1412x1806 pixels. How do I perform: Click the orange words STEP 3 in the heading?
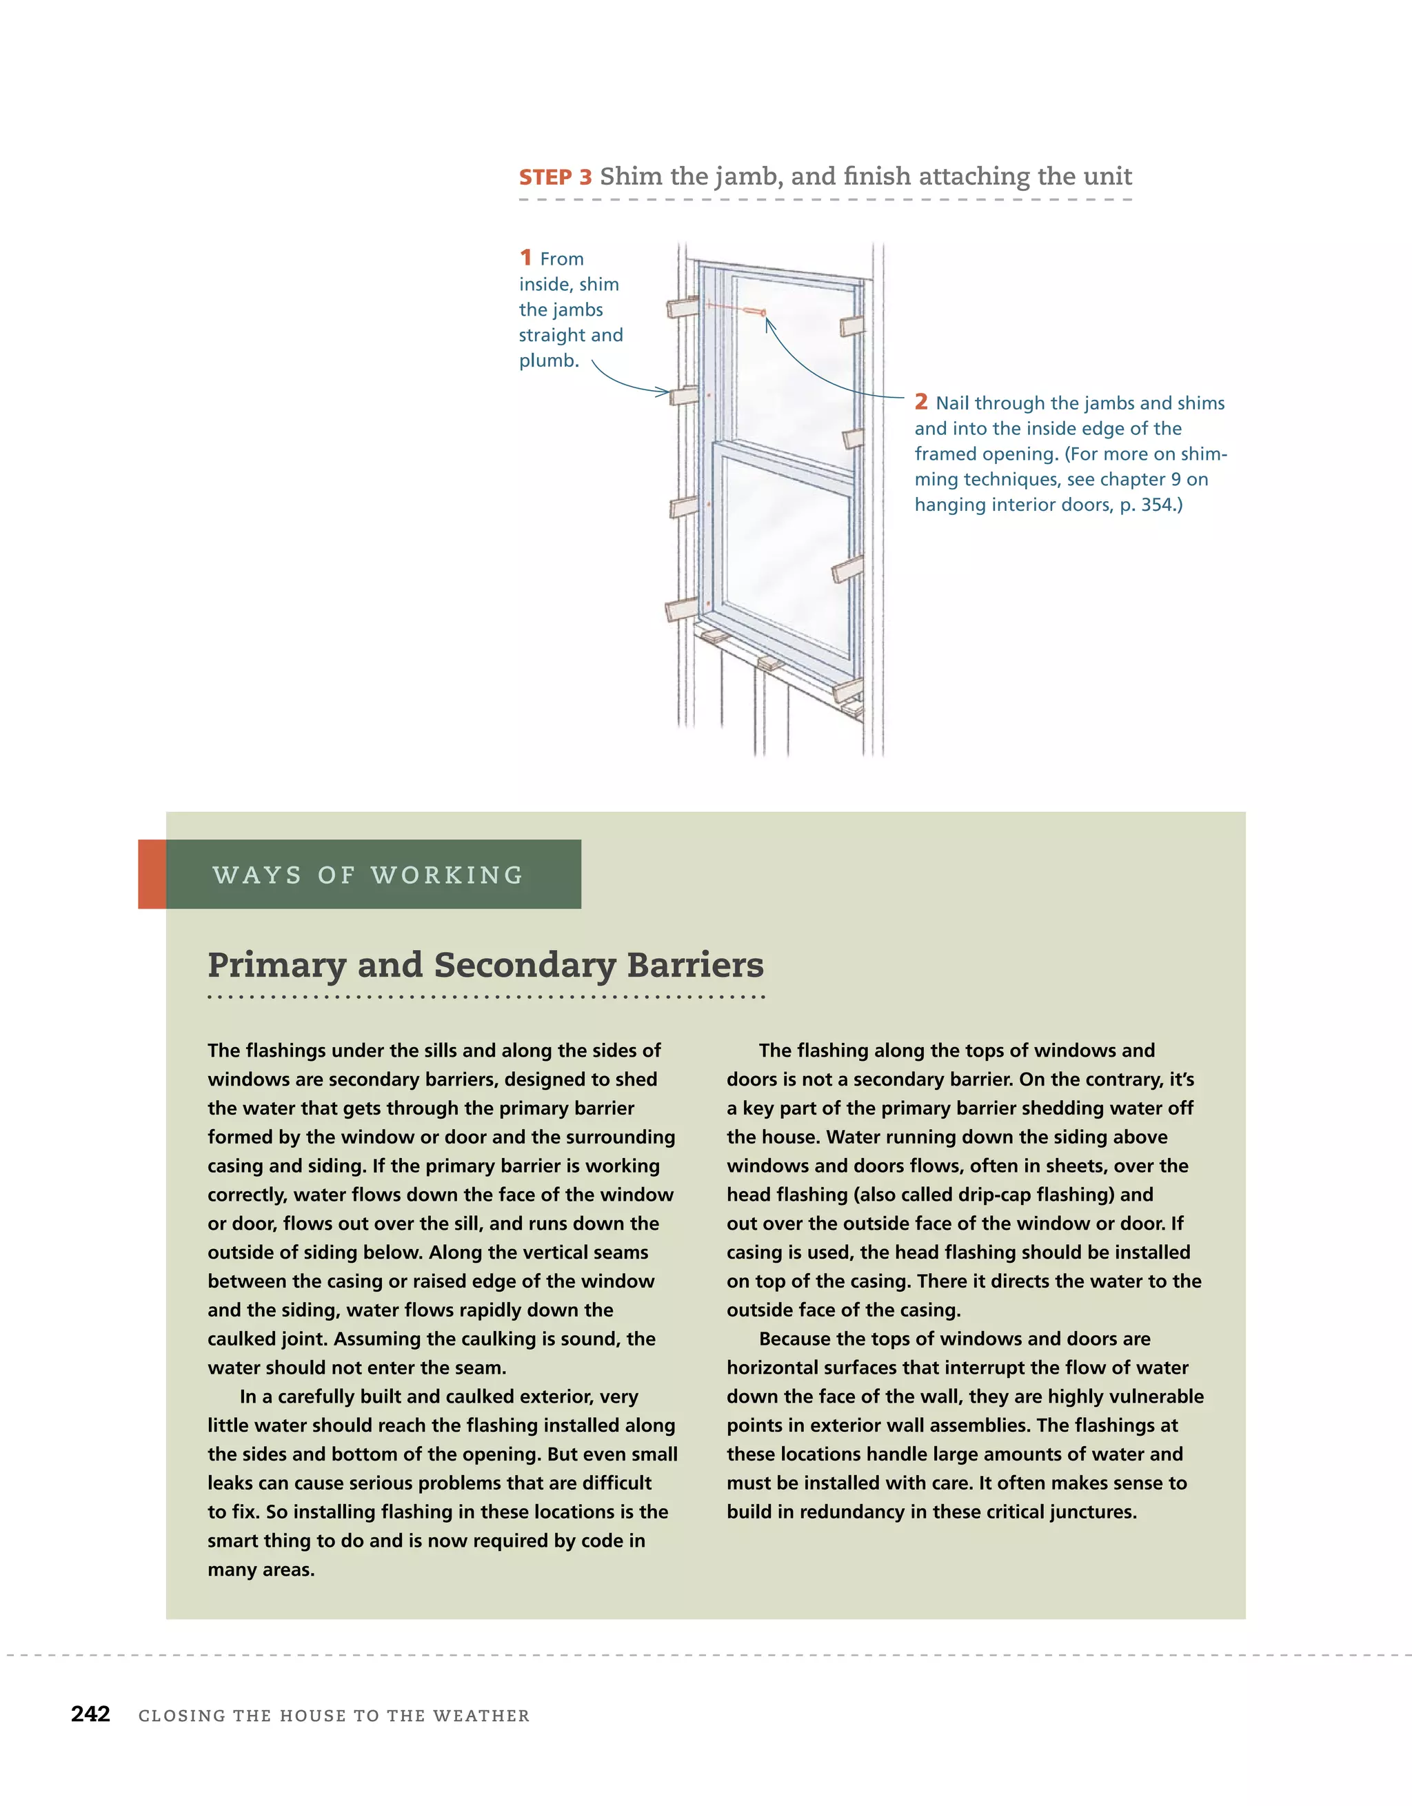click(x=555, y=178)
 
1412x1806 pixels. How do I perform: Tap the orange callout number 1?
click(x=525, y=257)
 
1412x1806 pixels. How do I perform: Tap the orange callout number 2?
click(x=920, y=402)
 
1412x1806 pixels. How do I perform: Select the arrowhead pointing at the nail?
click(x=769, y=324)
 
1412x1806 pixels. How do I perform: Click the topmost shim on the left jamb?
click(x=684, y=307)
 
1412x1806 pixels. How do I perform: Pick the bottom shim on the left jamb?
click(x=683, y=610)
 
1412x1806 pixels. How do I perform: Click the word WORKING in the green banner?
click(x=447, y=875)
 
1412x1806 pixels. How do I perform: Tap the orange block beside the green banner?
click(x=152, y=874)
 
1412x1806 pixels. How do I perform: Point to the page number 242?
click(x=90, y=1714)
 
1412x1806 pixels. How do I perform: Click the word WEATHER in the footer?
click(x=481, y=1716)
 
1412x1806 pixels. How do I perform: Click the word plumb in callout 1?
click(x=547, y=361)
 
